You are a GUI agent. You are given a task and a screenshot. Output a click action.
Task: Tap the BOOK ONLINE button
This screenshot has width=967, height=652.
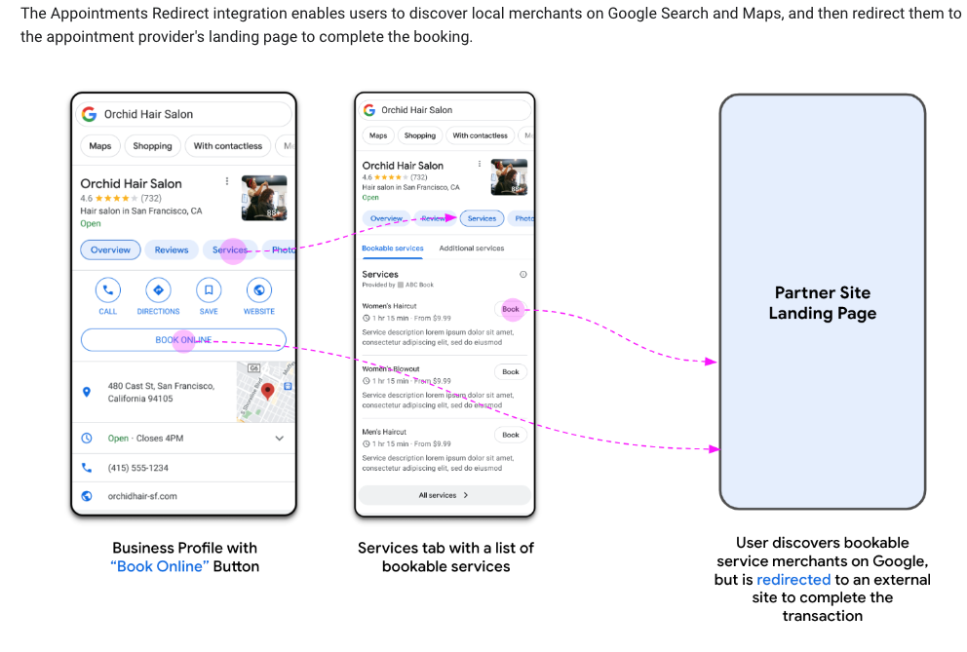183,340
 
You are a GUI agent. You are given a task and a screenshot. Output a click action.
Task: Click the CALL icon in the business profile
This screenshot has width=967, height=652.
108,290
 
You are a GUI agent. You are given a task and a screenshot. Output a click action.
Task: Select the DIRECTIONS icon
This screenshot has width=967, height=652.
158,290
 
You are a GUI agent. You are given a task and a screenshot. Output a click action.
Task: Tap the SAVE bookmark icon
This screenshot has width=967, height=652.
209,290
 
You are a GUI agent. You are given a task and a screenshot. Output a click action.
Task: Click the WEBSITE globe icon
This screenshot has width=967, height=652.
259,290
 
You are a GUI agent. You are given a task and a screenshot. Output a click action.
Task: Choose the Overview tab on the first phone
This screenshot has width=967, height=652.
110,250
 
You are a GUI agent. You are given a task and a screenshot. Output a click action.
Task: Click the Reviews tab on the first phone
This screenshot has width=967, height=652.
172,250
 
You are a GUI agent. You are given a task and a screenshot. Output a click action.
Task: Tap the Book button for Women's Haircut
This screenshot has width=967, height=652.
511,310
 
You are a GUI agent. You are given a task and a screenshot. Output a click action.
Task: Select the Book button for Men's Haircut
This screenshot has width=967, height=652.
511,435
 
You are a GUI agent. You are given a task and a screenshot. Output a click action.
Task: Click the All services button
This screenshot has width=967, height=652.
445,495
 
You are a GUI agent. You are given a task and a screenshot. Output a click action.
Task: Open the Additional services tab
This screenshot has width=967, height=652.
472,249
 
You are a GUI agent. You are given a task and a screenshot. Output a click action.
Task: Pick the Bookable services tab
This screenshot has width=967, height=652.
393,249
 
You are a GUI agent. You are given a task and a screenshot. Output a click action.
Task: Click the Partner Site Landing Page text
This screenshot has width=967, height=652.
823,303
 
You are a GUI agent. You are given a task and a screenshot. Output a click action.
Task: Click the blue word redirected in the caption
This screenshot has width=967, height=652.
793,580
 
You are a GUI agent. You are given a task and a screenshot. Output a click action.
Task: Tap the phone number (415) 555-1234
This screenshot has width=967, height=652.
138,468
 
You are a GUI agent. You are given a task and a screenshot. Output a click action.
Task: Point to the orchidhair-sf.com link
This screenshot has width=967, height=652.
142,496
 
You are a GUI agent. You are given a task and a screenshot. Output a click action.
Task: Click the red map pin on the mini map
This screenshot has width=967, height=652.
266,392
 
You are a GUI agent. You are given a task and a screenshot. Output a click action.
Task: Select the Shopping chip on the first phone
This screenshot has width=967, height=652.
152,146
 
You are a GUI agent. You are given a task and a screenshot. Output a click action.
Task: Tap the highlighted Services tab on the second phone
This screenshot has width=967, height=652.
483,219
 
